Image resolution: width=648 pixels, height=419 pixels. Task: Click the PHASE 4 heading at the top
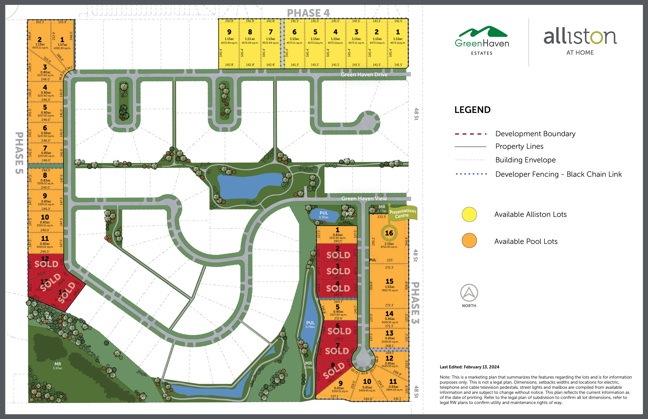point(308,13)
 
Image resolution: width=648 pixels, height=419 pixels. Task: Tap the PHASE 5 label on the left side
point(19,153)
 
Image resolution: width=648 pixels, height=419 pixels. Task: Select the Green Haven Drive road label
point(364,75)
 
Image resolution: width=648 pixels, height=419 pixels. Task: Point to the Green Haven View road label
point(364,198)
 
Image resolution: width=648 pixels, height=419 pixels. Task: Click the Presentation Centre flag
point(403,213)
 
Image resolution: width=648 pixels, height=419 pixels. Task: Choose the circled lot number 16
point(389,233)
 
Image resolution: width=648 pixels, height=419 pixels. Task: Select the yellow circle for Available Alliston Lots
point(469,215)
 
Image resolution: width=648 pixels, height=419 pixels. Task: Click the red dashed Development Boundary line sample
point(470,134)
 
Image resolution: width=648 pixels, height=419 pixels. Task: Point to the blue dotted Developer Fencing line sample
point(471,174)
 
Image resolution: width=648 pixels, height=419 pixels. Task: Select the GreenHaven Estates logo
point(482,40)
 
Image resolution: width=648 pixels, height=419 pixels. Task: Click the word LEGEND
point(472,110)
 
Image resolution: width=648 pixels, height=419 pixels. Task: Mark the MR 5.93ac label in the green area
point(58,365)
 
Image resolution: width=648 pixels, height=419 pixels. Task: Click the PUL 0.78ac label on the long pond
point(310,324)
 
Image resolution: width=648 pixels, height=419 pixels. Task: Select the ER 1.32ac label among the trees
point(49,319)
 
